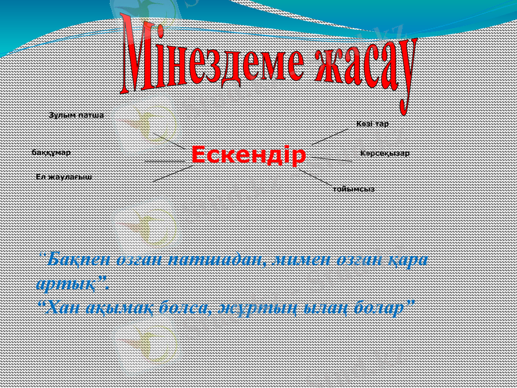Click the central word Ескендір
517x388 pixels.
point(248,155)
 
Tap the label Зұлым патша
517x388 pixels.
point(76,115)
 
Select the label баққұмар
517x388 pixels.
point(51,153)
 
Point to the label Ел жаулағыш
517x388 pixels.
point(63,176)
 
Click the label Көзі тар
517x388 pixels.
point(372,123)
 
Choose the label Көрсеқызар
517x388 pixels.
point(385,153)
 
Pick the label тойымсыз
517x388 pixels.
point(353,189)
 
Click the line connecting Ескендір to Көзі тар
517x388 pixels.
point(330,136)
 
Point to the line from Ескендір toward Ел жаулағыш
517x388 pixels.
point(173,173)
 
